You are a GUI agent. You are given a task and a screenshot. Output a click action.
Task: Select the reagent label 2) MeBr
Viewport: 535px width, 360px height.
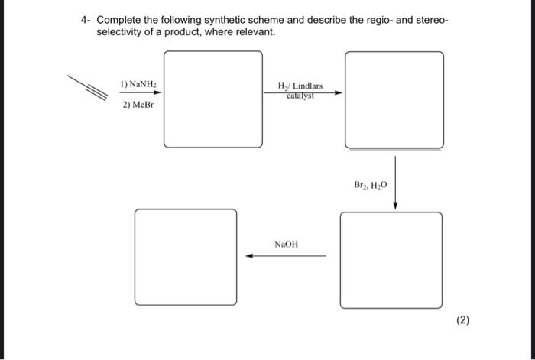pyautogui.click(x=138, y=105)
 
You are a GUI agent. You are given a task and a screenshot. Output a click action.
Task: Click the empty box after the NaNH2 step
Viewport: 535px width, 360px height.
pyautogui.click(x=212, y=99)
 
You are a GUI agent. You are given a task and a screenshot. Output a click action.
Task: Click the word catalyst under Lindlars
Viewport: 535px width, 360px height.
pyautogui.click(x=301, y=96)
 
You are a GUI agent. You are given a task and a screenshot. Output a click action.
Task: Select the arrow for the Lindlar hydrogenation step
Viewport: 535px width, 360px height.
pyautogui.click(x=303, y=92)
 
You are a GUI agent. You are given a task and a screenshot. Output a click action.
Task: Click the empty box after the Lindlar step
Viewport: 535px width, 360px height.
pyautogui.click(x=394, y=99)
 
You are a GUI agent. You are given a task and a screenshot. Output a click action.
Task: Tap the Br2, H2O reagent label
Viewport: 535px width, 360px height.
pyautogui.click(x=371, y=185)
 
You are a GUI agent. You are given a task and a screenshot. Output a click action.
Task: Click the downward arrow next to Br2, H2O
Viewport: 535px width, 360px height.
pyautogui.click(x=395, y=182)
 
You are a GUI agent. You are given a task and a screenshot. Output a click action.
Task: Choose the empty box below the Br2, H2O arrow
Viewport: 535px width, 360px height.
pyautogui.click(x=391, y=258)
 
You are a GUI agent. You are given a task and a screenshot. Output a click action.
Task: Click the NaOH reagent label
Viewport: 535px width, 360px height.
pyautogui.click(x=286, y=245)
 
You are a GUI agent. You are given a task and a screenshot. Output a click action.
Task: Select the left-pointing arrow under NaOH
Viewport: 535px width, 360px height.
pyautogui.click(x=286, y=257)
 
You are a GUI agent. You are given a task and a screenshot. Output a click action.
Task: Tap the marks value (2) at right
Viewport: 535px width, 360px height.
pyautogui.click(x=463, y=320)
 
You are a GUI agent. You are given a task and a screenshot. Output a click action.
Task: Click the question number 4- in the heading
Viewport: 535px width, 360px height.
pyautogui.click(x=86, y=21)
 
